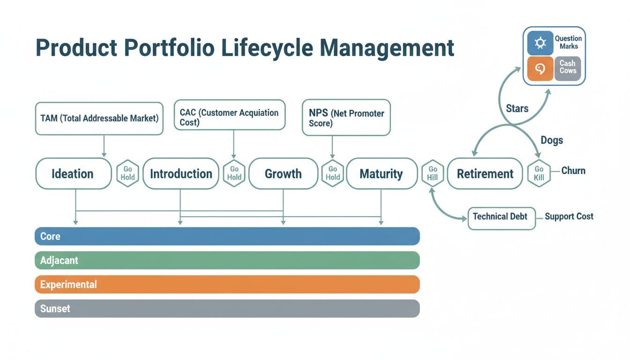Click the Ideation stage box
pyautogui.click(x=73, y=173)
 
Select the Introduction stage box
pyautogui.click(x=180, y=173)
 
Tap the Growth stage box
pyautogui.click(x=283, y=173)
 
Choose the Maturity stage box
pyautogui.click(x=381, y=173)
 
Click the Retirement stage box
pyautogui.click(x=485, y=173)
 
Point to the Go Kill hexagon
pyautogui.click(x=539, y=173)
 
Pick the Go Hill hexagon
pyautogui.click(x=433, y=173)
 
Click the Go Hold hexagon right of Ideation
pyautogui.click(x=127, y=173)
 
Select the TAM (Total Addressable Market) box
pyautogui.click(x=99, y=119)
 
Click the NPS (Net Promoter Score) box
pyautogui.click(x=346, y=117)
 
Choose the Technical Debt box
pyautogui.click(x=501, y=217)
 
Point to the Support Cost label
pyautogui.click(x=569, y=217)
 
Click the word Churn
pyautogui.click(x=573, y=171)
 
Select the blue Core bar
pyautogui.click(x=227, y=236)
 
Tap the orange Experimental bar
pyautogui.click(x=227, y=285)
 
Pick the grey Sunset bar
pyautogui.click(x=227, y=308)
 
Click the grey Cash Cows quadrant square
pyautogui.click(x=568, y=68)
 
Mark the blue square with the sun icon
pyautogui.click(x=540, y=43)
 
